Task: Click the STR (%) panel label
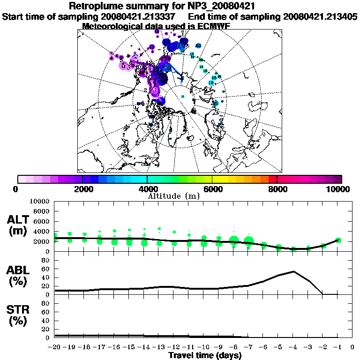(x=19, y=315)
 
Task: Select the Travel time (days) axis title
(x=205, y=355)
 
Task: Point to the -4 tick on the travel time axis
(x=293, y=347)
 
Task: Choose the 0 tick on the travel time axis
(x=352, y=347)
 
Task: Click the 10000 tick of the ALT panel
(x=39, y=202)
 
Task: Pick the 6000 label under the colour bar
(x=212, y=189)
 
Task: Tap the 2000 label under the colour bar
(x=82, y=189)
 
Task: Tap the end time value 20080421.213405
(x=320, y=16)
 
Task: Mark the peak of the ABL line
(x=293, y=271)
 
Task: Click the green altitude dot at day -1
(x=338, y=240)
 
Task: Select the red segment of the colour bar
(x=272, y=179)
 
